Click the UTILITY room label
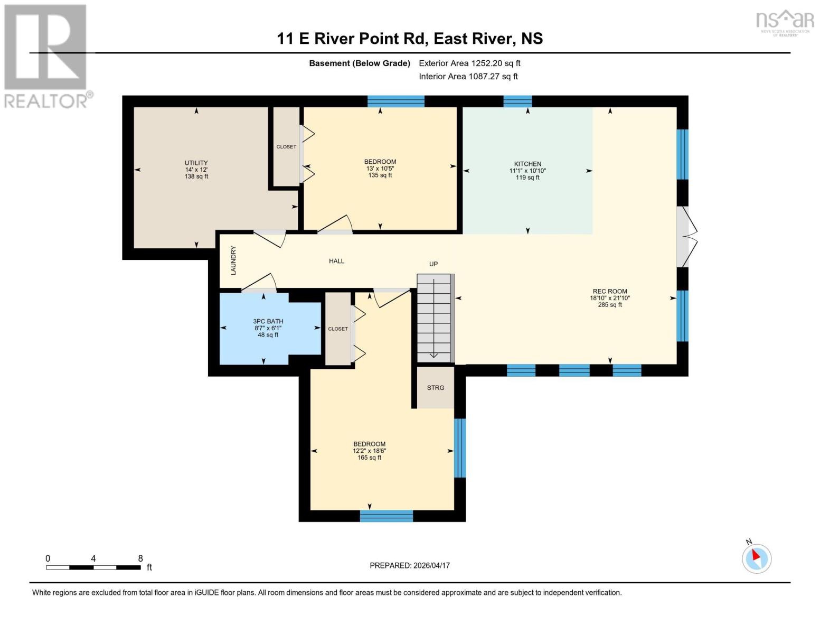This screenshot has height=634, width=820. tap(196, 163)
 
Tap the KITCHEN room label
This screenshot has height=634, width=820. tap(527, 164)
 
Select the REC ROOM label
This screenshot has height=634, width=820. tap(609, 291)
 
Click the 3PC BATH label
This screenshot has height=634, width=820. tap(268, 321)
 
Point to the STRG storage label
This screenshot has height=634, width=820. tap(436, 388)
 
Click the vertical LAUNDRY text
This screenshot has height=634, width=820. tap(233, 260)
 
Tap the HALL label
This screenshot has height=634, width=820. tap(336, 261)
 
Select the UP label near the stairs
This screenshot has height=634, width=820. tap(433, 264)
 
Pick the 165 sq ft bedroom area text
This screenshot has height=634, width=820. tap(369, 458)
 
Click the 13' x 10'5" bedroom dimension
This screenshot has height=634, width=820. tap(380, 169)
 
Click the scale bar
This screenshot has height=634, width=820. tap(93, 567)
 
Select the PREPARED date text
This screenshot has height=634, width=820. tap(409, 565)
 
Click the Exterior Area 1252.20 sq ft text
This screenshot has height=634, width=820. tap(469, 63)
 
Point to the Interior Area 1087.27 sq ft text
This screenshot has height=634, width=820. tap(468, 77)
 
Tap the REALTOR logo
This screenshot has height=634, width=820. tap(46, 55)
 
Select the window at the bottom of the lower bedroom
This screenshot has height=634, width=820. tap(386, 516)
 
